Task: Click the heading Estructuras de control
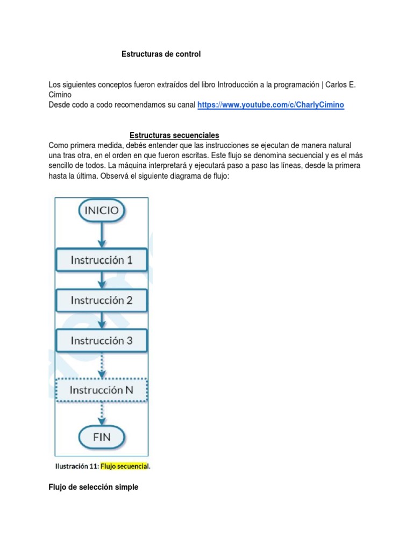(161, 54)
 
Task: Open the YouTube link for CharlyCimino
(270, 105)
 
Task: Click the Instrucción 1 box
(102, 260)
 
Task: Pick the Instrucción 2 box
(102, 300)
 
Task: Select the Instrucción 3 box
(102, 340)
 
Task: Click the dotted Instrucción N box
(102, 391)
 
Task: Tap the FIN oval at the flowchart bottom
(102, 436)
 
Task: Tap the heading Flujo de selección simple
(93, 487)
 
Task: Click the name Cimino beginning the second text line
(60, 94)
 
